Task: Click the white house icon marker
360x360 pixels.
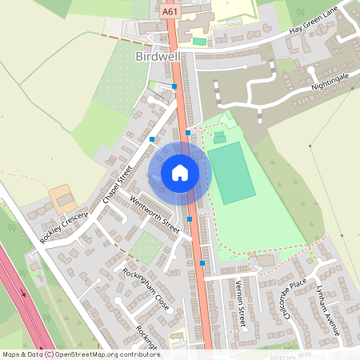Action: [x=179, y=172]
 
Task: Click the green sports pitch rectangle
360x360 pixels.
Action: [x=230, y=171]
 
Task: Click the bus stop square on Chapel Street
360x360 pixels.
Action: [x=151, y=139]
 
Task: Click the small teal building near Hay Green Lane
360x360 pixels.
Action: [x=199, y=41]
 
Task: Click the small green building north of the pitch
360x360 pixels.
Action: [x=219, y=136]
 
